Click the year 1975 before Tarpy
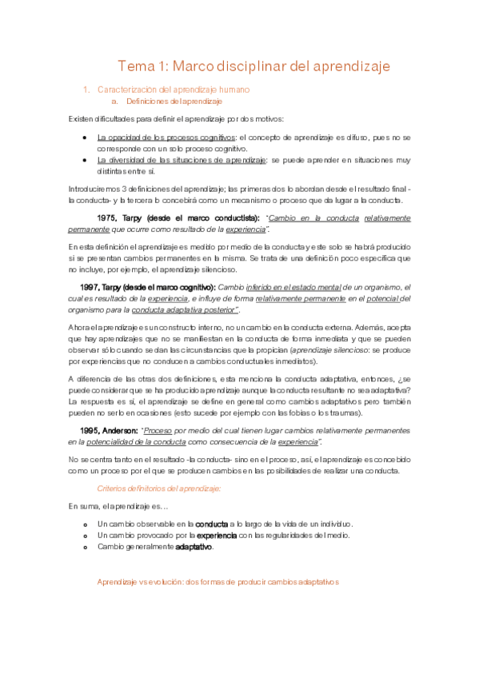108,217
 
